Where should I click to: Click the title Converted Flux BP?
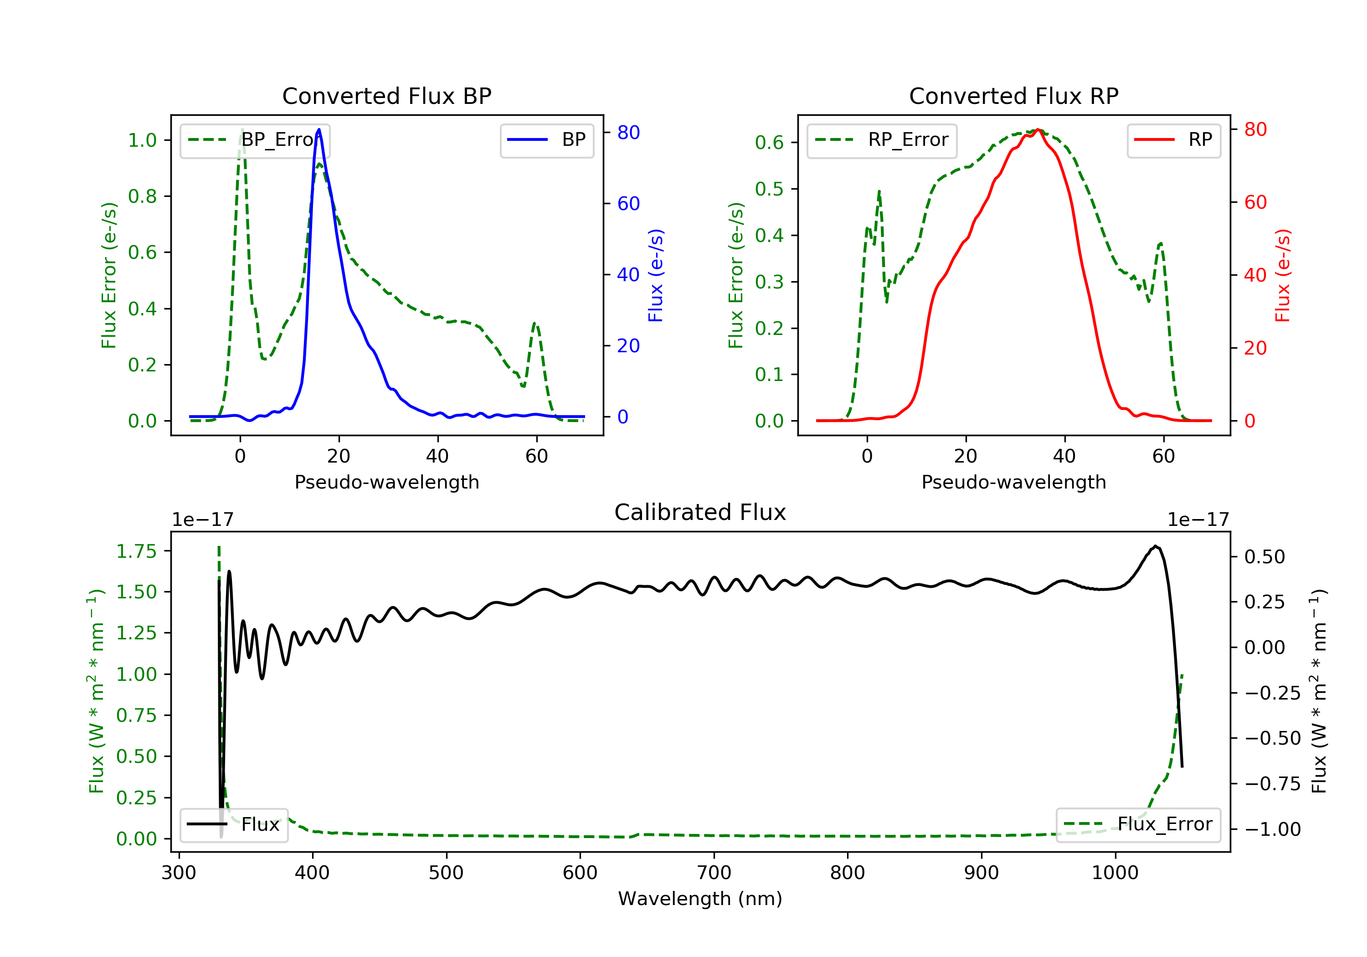(x=386, y=96)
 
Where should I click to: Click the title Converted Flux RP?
(x=1013, y=96)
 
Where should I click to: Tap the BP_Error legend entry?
(x=255, y=140)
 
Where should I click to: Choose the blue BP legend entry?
(x=546, y=140)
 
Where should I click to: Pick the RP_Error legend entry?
(x=882, y=140)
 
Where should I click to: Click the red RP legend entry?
(x=1173, y=140)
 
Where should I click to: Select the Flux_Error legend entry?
(x=1138, y=824)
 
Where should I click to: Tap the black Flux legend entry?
(x=234, y=824)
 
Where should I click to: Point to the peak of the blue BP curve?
(x=319, y=129)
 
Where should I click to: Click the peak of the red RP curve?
(x=1038, y=129)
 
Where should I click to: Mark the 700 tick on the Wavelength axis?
(x=714, y=873)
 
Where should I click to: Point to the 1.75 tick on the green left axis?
(x=136, y=551)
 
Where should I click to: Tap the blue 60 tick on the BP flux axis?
(x=628, y=204)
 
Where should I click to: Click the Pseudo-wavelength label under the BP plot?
(x=386, y=482)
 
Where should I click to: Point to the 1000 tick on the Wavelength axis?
(x=1115, y=873)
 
